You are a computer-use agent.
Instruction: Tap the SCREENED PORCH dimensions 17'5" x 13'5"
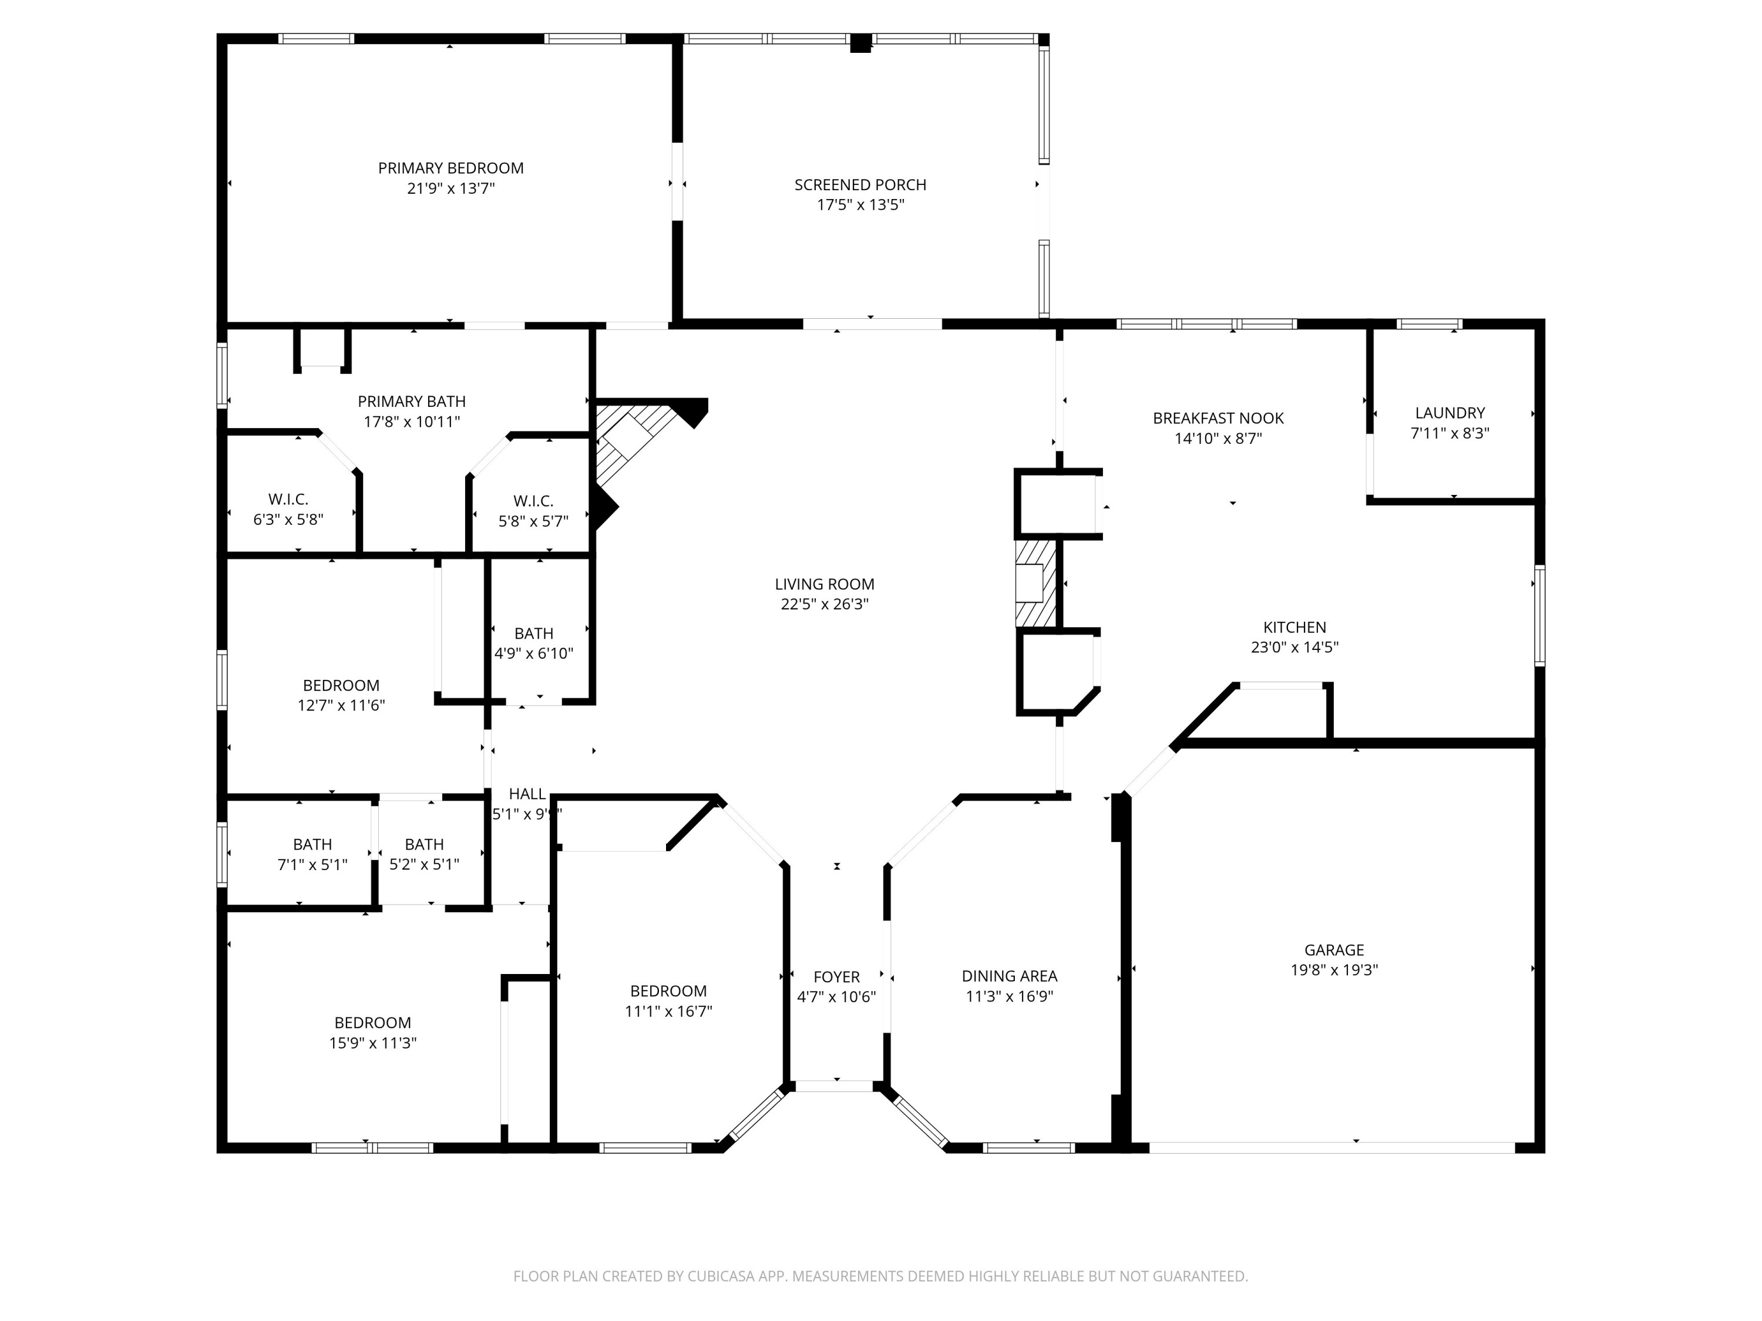click(860, 205)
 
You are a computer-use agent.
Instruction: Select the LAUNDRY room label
click(1449, 413)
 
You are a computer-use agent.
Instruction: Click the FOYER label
click(836, 976)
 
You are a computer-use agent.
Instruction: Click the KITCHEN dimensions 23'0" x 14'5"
click(1294, 648)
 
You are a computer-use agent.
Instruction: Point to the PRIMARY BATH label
click(411, 402)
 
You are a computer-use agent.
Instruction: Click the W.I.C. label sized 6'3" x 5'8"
click(288, 499)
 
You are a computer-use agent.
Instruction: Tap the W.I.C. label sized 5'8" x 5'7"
click(533, 501)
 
